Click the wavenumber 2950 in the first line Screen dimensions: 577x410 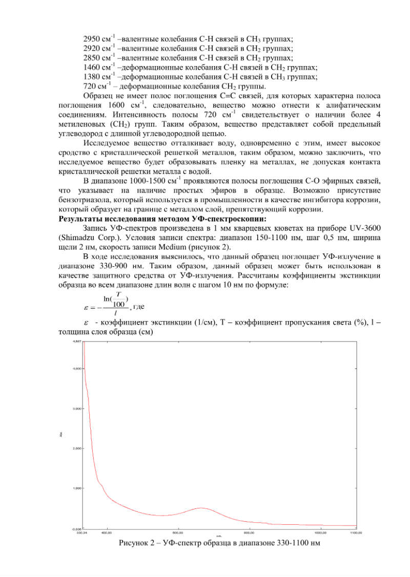[x=92, y=39]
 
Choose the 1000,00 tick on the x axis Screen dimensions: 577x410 [x=320, y=532]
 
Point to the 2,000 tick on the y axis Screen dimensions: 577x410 [x=76, y=448]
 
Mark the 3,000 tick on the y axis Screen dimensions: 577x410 [x=76, y=409]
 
